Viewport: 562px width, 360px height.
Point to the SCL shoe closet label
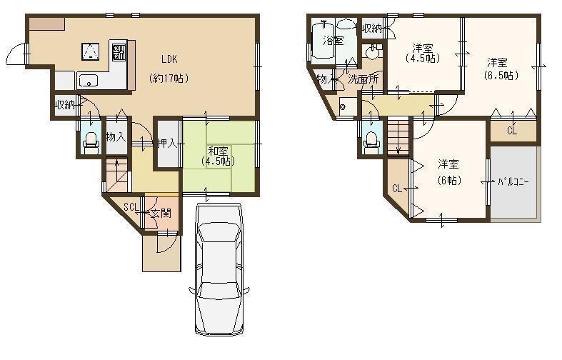pos(131,207)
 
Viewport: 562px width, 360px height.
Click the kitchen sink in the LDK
pos(89,79)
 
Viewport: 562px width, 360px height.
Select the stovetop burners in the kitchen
pos(119,51)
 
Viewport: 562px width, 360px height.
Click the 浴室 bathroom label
pos(332,40)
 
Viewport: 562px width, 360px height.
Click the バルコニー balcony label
pos(513,182)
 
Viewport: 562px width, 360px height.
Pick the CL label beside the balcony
pos(512,131)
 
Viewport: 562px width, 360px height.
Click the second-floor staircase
pos(396,136)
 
